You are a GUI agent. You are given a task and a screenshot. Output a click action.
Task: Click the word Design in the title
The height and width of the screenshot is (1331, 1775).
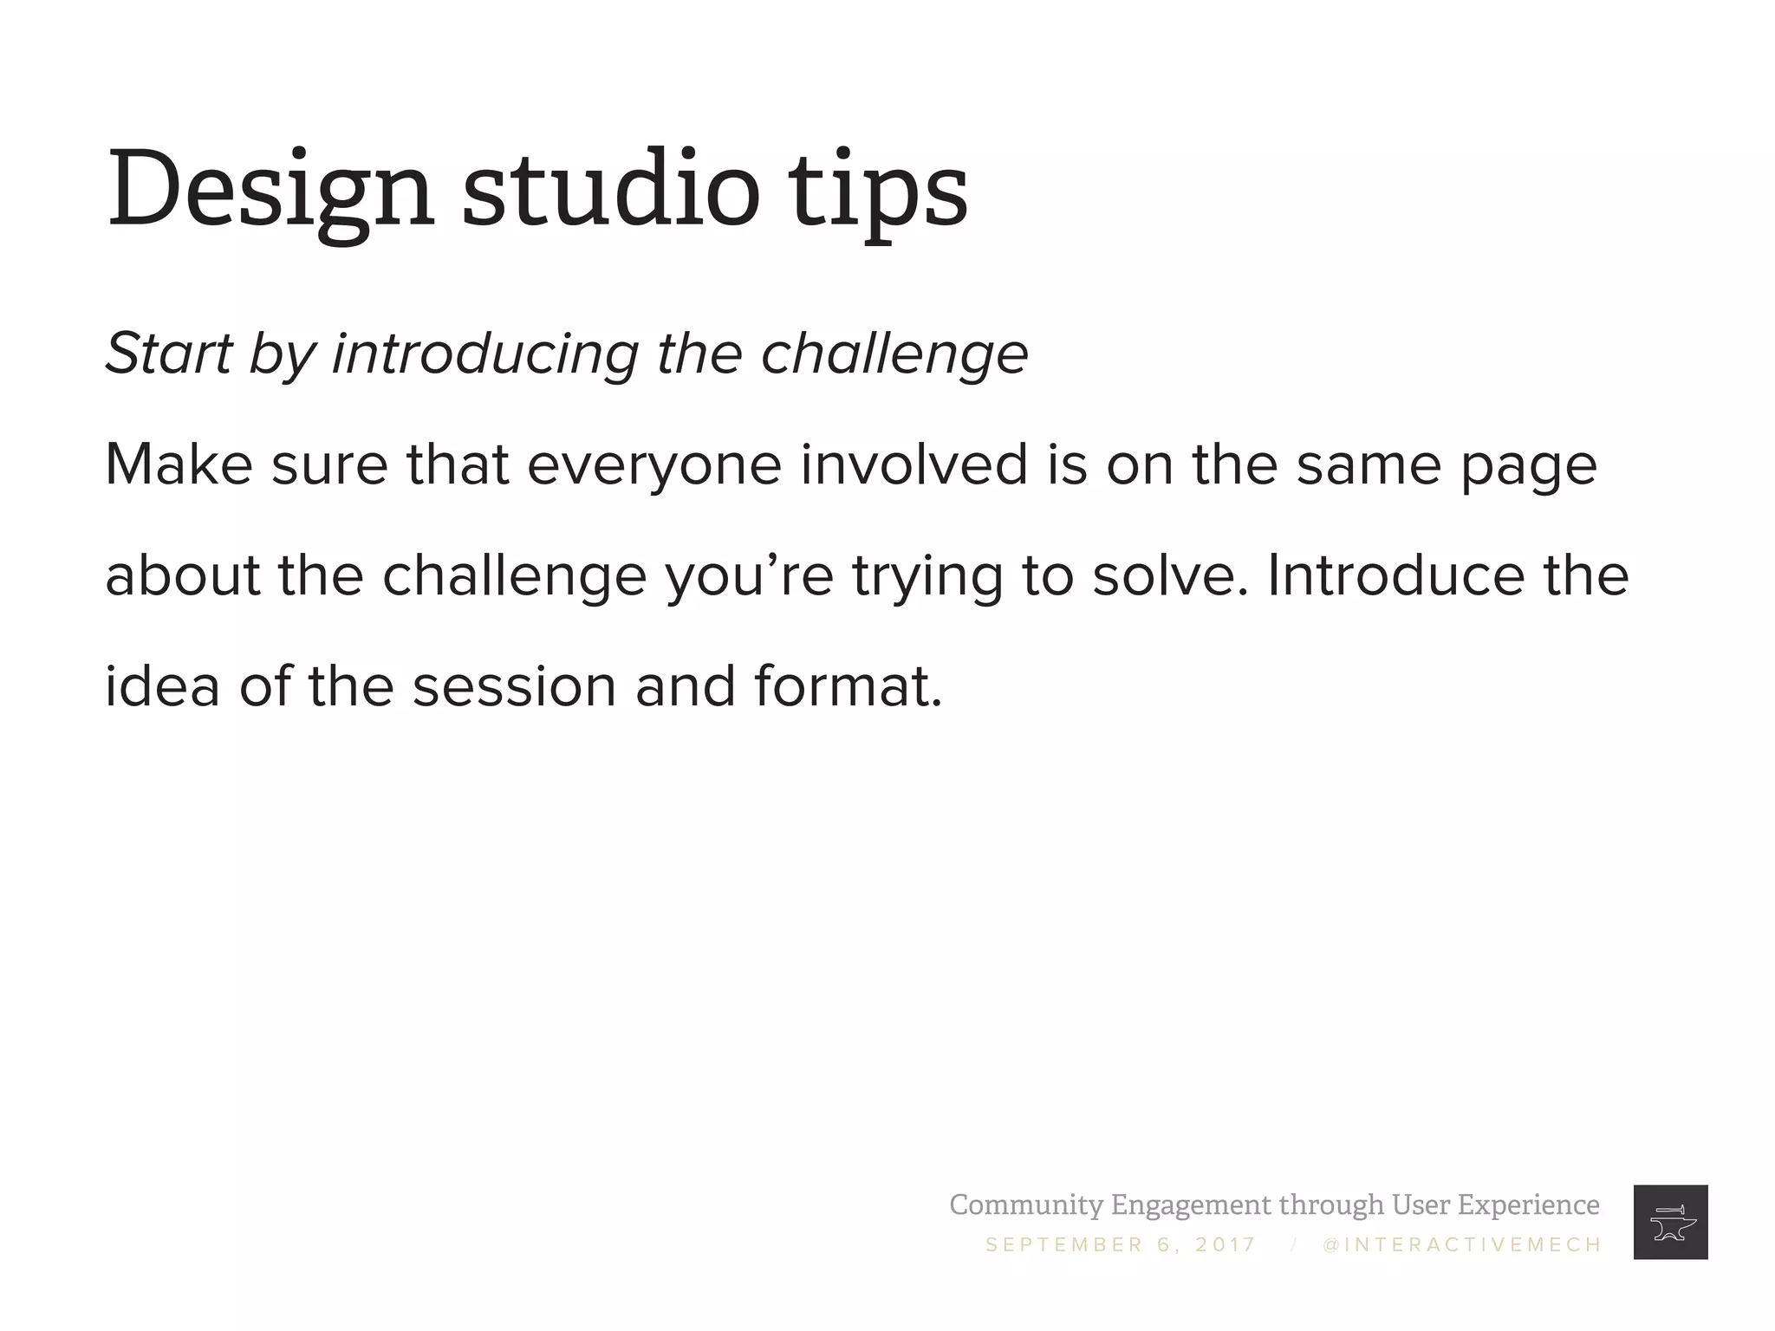pos(270,191)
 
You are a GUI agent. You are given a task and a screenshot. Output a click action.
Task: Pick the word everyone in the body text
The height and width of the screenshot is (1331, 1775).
pos(654,465)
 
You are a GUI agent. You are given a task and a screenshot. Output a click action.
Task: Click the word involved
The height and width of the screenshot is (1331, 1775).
pos(914,464)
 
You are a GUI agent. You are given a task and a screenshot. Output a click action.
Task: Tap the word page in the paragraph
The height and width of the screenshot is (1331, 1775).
pos(1529,468)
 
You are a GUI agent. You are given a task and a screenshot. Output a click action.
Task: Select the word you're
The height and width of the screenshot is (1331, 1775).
pos(750,577)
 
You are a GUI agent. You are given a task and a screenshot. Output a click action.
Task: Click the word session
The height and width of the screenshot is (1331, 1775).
pos(514,686)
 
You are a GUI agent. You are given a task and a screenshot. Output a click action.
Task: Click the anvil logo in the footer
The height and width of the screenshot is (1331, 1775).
pos(1670,1222)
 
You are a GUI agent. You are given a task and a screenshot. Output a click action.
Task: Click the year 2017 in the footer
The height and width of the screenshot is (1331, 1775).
pos(1226,1245)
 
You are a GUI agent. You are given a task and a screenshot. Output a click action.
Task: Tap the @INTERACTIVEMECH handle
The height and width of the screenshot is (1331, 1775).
pos(1462,1245)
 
